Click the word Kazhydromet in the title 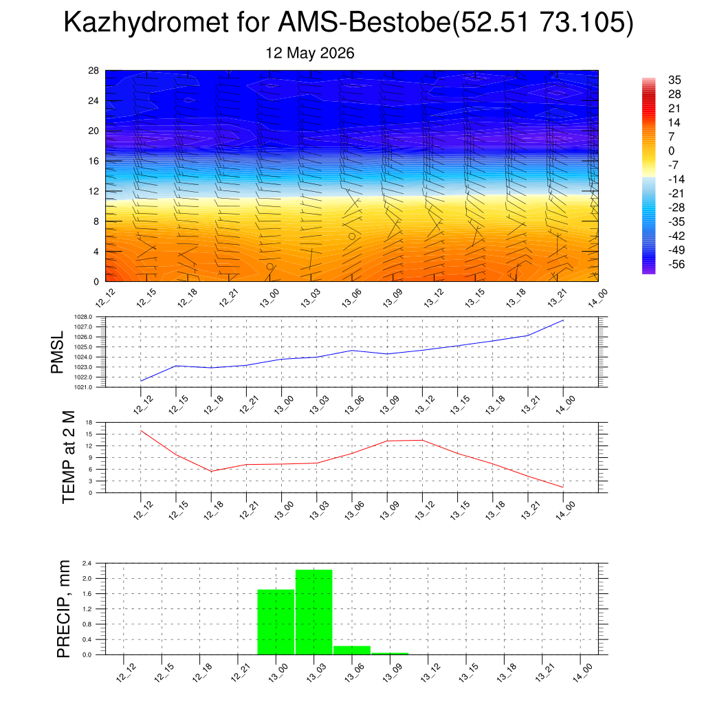(146, 22)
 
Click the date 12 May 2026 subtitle (310, 53)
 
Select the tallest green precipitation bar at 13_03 (313, 612)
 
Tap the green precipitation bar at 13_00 (276, 621)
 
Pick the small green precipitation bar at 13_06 (352, 650)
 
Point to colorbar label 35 (674, 80)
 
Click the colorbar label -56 (676, 264)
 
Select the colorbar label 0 (671, 151)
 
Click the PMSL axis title (58, 353)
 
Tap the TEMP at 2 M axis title (68, 457)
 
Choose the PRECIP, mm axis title (64, 609)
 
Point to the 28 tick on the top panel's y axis (93, 71)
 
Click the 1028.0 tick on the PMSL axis (83, 317)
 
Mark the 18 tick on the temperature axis (89, 423)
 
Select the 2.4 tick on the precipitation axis (87, 563)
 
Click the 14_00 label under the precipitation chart (583, 673)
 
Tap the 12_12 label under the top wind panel (105, 298)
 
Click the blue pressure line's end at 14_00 (564, 320)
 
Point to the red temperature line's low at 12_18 (212, 471)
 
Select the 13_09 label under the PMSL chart (389, 405)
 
